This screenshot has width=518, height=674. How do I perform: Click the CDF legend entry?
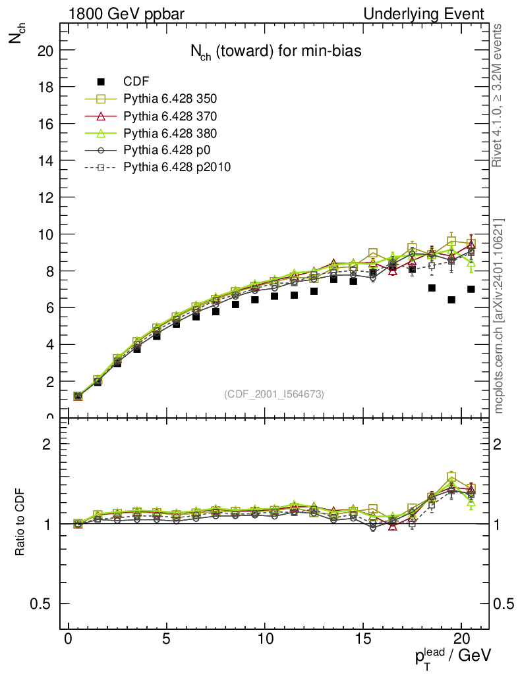coord(136,82)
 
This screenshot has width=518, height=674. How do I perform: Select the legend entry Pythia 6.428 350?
coord(170,99)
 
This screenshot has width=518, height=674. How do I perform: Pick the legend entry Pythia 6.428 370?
coord(170,116)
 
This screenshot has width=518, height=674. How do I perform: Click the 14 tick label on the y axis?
coord(45,161)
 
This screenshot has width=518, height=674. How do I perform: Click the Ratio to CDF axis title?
coord(20,523)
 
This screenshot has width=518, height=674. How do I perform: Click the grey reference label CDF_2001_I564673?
coord(274,394)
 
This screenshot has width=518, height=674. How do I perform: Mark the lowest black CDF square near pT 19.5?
coord(451,300)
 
